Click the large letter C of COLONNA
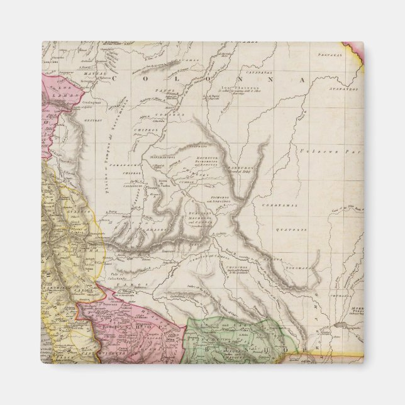(145, 80)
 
